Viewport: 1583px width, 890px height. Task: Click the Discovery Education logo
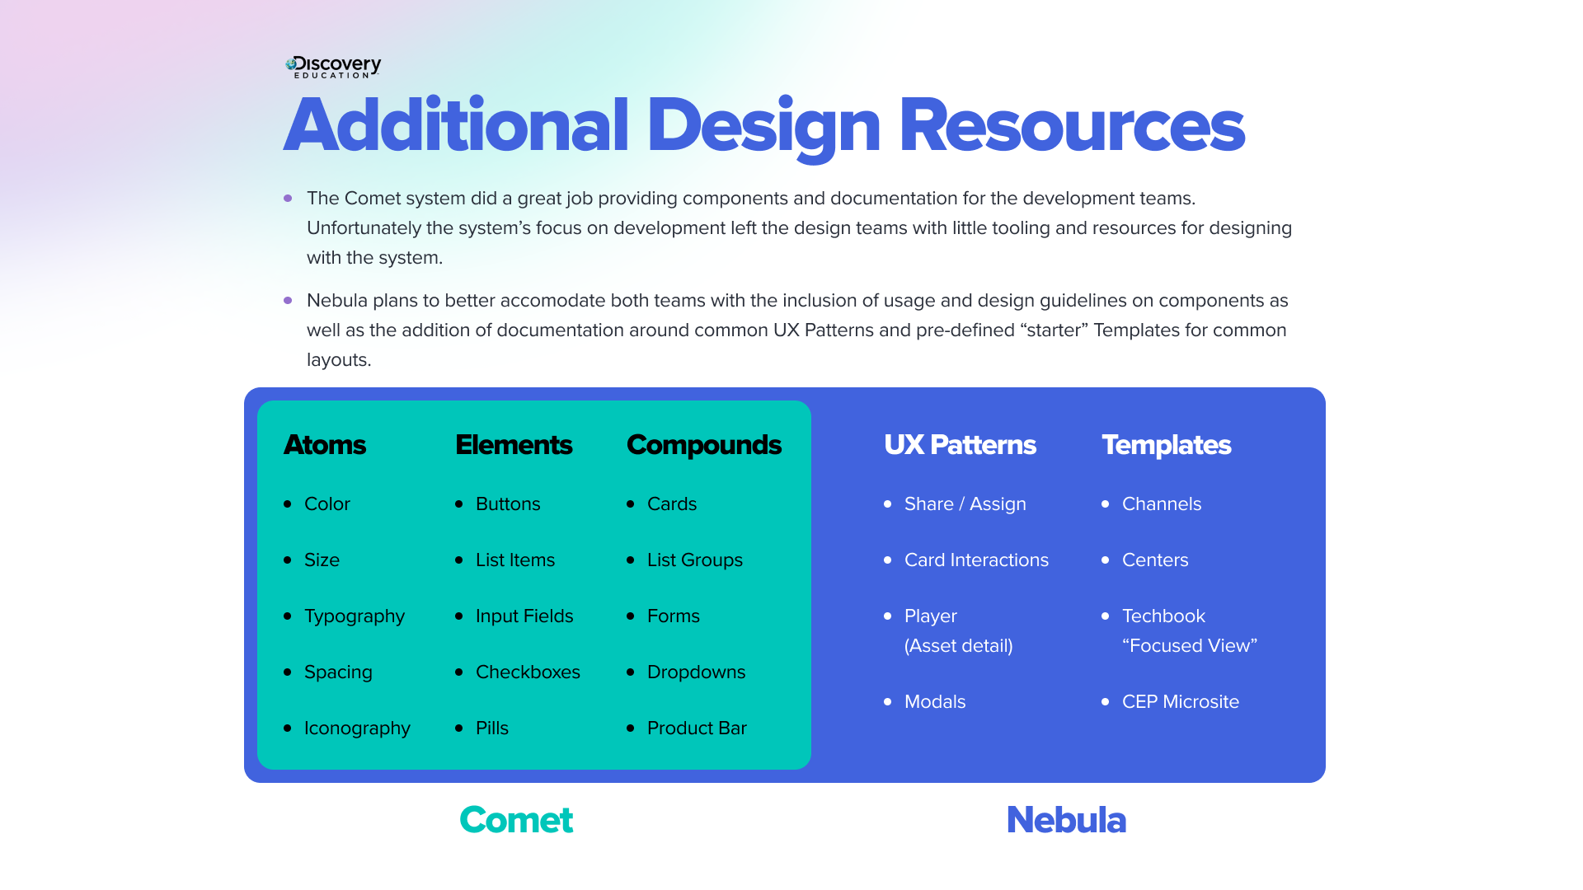[x=333, y=67]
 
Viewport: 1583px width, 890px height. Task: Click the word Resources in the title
[x=1071, y=126]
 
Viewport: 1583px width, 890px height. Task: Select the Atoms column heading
[x=325, y=445]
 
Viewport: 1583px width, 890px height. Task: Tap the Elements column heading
[x=514, y=445]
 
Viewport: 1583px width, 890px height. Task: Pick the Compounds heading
[x=703, y=445]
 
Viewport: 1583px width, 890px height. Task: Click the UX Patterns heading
[x=960, y=445]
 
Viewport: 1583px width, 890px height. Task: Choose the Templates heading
[x=1166, y=445]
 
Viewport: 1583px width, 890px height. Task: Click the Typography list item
[x=354, y=616]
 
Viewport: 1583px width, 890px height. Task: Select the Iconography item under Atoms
[x=357, y=728]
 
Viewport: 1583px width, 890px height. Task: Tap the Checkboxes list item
[x=528, y=672]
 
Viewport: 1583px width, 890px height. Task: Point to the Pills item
[x=491, y=728]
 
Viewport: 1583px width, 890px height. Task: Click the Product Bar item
[x=697, y=728]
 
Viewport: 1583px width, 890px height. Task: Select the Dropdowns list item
[x=696, y=672]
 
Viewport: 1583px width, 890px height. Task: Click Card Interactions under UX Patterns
[x=976, y=560]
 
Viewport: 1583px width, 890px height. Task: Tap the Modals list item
[x=934, y=702]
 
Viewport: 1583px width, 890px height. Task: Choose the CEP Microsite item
[x=1180, y=702]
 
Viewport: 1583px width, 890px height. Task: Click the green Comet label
[x=516, y=820]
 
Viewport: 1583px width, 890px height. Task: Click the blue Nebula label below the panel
[x=1066, y=820]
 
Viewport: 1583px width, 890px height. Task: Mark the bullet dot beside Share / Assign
[x=888, y=504]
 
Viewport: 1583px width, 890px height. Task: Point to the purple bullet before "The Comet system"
[x=288, y=199]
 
